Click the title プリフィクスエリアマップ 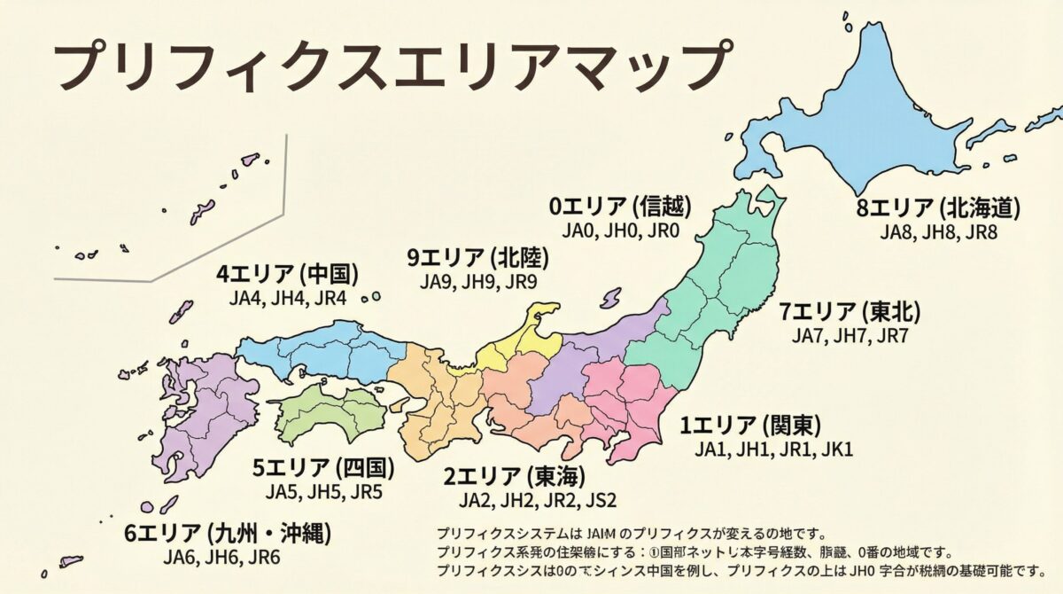pos(391,66)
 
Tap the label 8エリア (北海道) pos(938,208)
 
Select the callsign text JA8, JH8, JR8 pos(938,232)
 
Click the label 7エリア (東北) pos(850,312)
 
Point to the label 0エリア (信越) pos(620,207)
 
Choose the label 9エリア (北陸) pos(477,257)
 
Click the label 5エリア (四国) pos(323,466)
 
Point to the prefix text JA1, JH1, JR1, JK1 pos(772,449)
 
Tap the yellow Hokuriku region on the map pos(523,341)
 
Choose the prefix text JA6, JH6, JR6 pos(221,558)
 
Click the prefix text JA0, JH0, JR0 pos(620,231)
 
